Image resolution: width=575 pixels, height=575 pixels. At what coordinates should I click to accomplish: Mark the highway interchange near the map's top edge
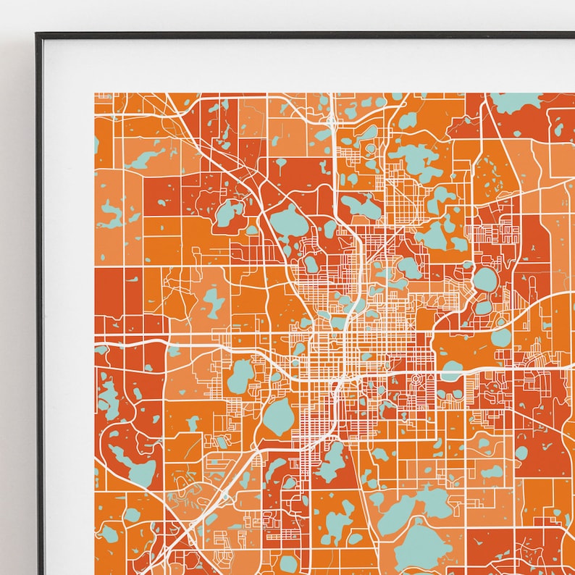[x=330, y=119]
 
